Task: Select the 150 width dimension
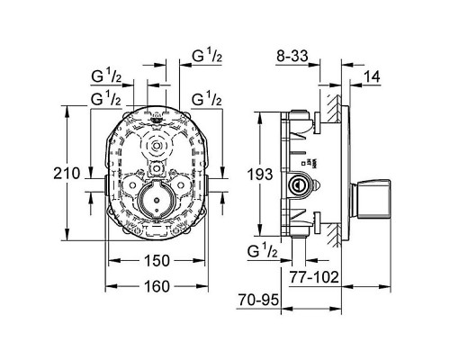[x=158, y=261]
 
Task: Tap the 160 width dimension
[x=158, y=288]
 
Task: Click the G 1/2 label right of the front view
[x=207, y=93]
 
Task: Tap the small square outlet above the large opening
[x=157, y=168]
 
